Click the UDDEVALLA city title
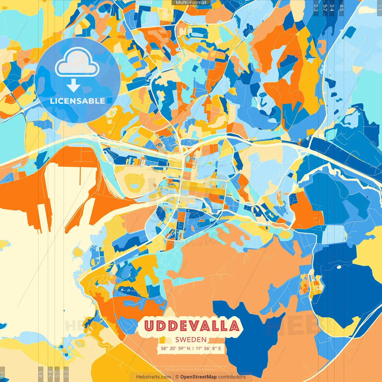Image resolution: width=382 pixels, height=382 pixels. [x=192, y=326]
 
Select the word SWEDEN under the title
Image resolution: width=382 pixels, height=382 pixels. [x=191, y=340]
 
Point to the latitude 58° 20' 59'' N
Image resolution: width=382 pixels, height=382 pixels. [x=175, y=348]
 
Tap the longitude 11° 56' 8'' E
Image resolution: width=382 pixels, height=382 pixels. [x=209, y=348]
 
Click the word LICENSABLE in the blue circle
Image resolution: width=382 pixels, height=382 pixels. [x=78, y=101]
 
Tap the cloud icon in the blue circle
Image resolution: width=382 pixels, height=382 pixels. [x=77, y=62]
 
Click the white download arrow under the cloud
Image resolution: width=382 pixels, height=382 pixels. [x=73, y=86]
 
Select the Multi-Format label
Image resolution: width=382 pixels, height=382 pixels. [x=191, y=3]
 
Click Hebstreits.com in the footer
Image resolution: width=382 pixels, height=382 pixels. [x=153, y=377]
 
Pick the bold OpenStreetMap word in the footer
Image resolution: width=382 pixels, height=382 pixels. [x=198, y=377]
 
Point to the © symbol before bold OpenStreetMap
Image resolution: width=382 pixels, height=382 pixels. [x=177, y=377]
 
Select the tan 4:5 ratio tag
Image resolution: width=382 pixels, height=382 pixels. [x=41, y=373]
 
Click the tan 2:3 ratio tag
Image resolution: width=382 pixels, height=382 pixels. [x=66, y=373]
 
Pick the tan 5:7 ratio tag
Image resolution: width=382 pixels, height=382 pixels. [x=57, y=373]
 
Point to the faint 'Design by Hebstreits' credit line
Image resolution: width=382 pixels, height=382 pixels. [x=191, y=369]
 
